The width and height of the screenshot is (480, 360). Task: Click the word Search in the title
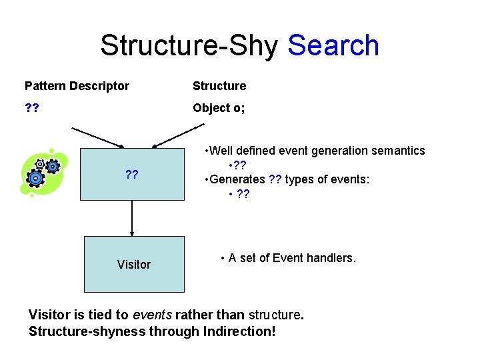[x=333, y=46]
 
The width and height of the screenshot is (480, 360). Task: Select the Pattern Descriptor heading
[x=77, y=86]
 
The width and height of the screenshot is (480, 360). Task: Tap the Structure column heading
[x=219, y=86]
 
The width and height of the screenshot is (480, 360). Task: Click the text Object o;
[x=219, y=108]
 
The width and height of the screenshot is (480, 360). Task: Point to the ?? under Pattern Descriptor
[x=31, y=108]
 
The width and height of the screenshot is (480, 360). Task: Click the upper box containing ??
[x=132, y=174]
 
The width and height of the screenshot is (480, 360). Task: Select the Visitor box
[x=134, y=264]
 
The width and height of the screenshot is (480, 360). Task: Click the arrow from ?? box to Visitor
[x=132, y=218]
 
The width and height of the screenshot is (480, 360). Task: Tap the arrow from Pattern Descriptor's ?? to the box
[x=97, y=137]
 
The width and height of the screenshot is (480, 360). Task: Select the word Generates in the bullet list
[x=239, y=179]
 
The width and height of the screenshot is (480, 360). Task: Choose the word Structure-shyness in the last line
[x=74, y=331]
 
